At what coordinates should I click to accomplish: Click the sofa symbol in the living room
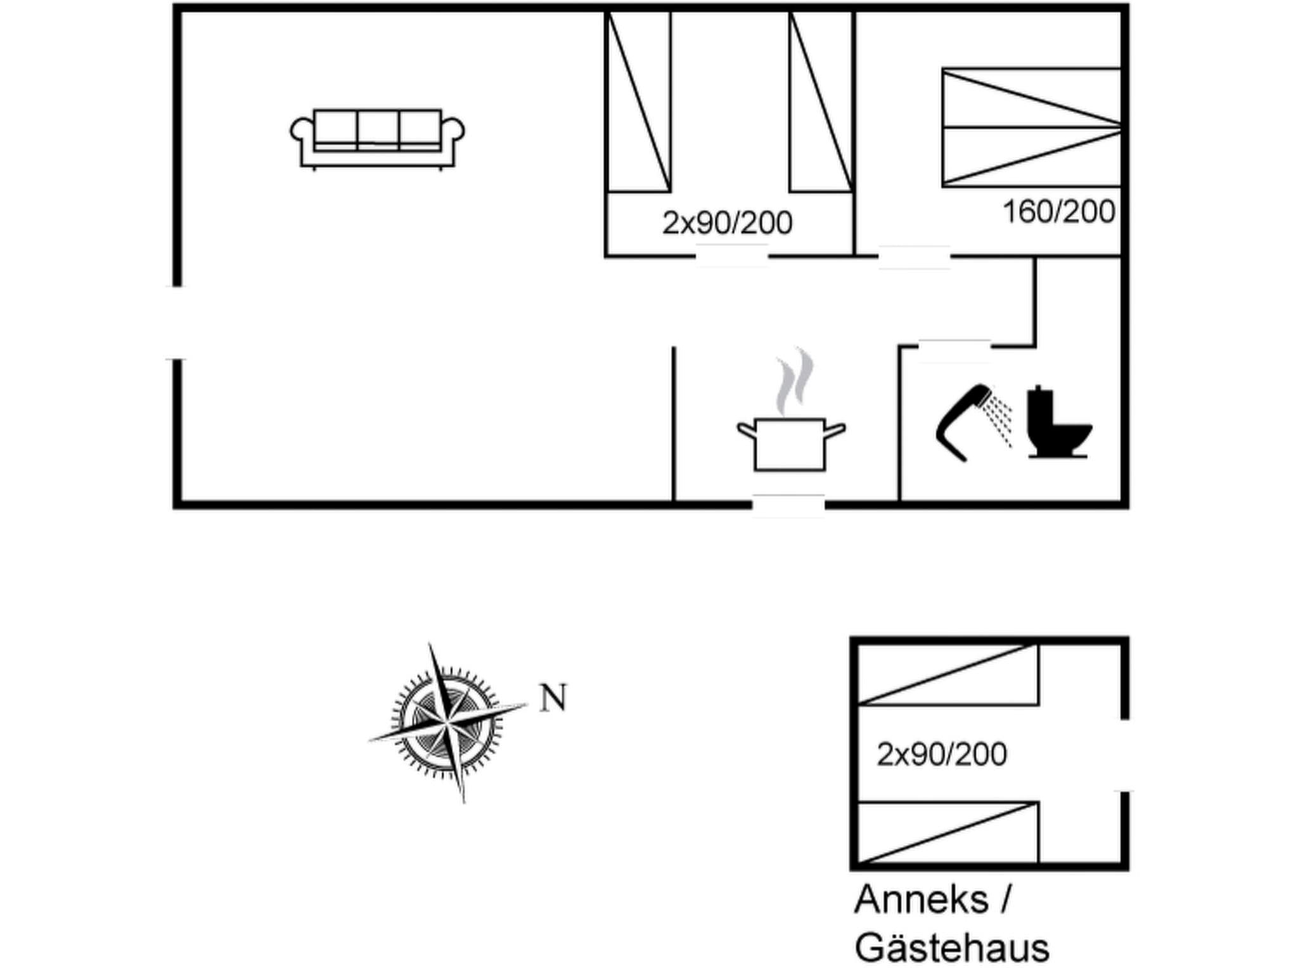coord(377,138)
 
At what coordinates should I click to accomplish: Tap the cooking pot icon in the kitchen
coord(790,443)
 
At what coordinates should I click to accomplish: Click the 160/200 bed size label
coord(1058,212)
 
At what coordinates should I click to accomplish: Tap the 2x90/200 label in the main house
coord(727,223)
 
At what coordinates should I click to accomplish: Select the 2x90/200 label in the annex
coord(941,754)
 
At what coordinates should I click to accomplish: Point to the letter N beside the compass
coord(553,698)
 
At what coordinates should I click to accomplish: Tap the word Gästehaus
coord(951,948)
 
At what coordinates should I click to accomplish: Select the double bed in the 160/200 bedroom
coord(1031,127)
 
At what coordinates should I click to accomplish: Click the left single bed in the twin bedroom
coord(638,101)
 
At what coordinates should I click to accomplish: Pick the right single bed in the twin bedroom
coord(821,101)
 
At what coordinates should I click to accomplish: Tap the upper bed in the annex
coord(948,675)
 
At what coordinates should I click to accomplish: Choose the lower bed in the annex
coord(948,832)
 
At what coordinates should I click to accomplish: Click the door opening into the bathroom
coord(954,348)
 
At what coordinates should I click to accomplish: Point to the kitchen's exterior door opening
coord(788,505)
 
